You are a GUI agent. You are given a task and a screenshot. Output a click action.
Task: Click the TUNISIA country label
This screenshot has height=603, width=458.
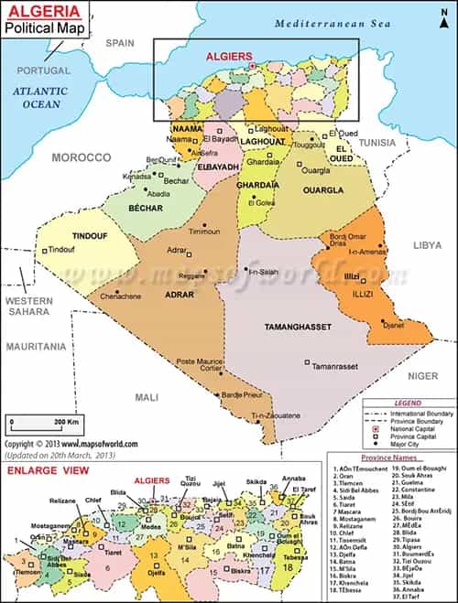376,143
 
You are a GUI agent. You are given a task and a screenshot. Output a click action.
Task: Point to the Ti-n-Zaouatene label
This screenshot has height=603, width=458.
276,415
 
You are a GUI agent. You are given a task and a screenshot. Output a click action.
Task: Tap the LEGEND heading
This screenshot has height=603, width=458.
408,403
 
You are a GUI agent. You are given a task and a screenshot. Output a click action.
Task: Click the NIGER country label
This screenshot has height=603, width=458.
422,376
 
